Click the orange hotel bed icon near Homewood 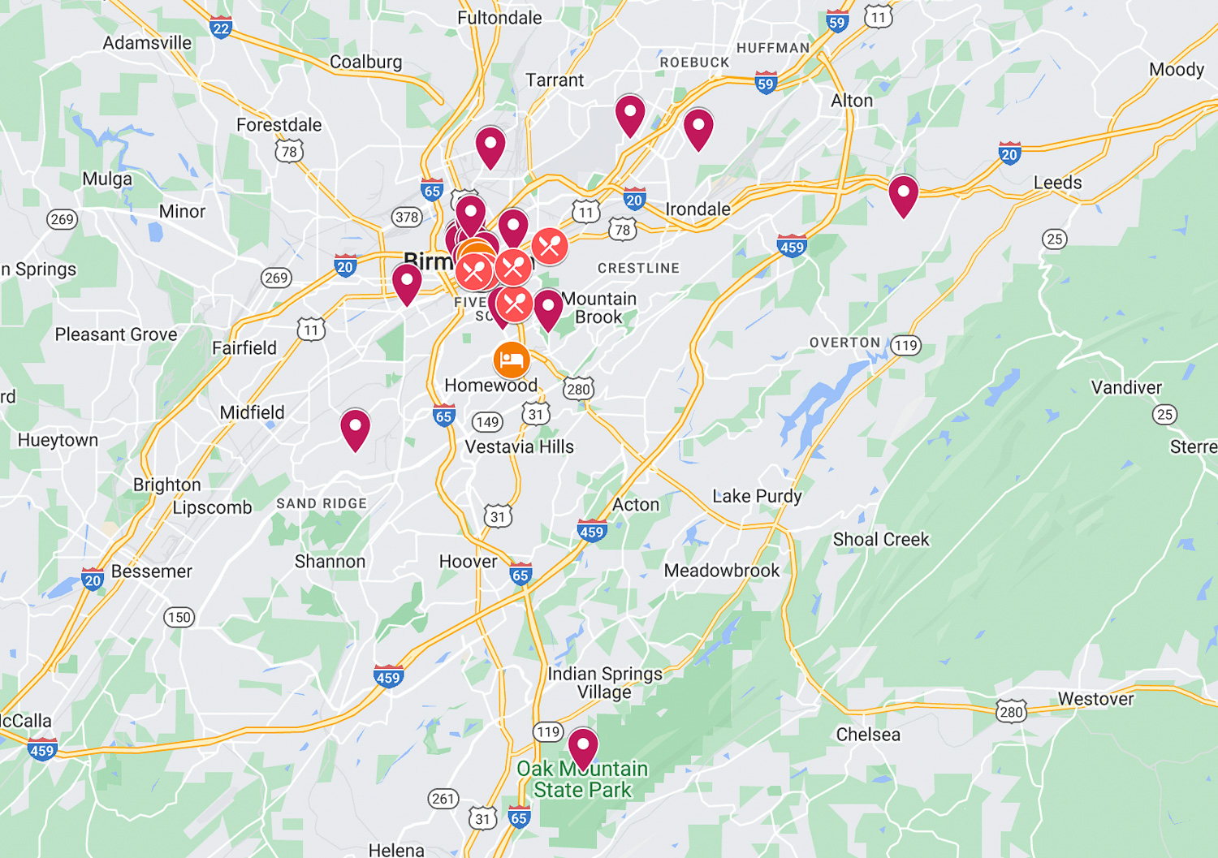(x=512, y=360)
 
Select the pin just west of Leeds (x=903, y=195)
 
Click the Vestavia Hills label (x=520, y=446)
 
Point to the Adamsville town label (x=147, y=43)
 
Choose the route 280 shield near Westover (x=1012, y=712)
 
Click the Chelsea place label (x=868, y=735)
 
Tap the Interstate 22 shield (x=221, y=28)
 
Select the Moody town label (x=1177, y=70)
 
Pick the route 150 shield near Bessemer (x=179, y=617)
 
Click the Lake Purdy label (x=757, y=496)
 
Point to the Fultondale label (x=499, y=18)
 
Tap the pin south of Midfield (x=355, y=428)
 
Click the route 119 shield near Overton (x=905, y=345)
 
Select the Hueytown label (x=58, y=440)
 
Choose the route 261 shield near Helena (x=443, y=799)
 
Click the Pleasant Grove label (x=116, y=334)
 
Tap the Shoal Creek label (x=881, y=539)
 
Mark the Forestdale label (x=279, y=125)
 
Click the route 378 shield (x=407, y=217)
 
